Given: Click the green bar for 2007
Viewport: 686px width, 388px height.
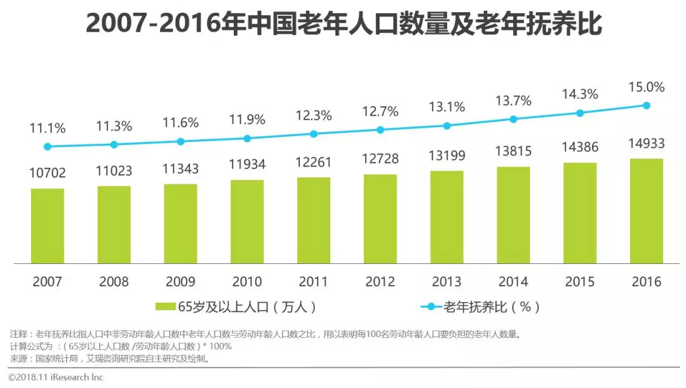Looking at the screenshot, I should [x=48, y=226].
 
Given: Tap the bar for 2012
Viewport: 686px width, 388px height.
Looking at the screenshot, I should [x=380, y=219].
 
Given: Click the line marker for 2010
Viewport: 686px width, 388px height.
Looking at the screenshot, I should [x=247, y=138].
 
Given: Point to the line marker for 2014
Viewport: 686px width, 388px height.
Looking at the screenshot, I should [x=513, y=119].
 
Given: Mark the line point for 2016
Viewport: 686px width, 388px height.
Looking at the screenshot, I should [x=647, y=106].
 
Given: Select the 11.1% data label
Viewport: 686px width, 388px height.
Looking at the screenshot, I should [x=48, y=128].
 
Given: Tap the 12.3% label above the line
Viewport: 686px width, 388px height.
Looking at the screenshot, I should [x=314, y=116].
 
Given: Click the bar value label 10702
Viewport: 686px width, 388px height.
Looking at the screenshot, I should [x=48, y=173].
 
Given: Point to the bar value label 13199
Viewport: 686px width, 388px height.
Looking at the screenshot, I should [x=447, y=156].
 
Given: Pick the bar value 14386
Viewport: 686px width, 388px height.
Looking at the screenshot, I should [x=580, y=148].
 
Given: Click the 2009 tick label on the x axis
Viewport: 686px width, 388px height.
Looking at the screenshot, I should [x=180, y=281].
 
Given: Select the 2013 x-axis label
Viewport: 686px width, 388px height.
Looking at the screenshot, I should [x=447, y=281].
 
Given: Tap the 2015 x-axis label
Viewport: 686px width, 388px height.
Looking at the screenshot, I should [x=580, y=281].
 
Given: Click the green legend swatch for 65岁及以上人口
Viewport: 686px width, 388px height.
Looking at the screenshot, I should [x=166, y=307].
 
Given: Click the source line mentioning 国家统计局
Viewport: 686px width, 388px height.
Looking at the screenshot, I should [x=109, y=358].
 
